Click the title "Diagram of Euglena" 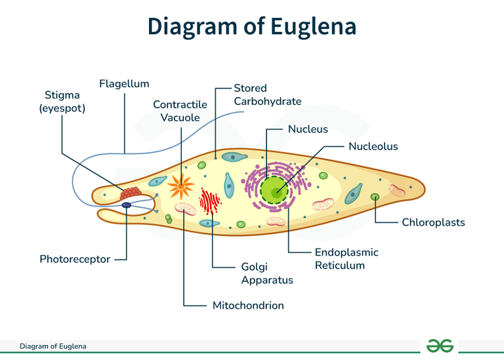pos(252,26)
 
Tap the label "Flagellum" pos(124,84)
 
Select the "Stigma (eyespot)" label pos(62,102)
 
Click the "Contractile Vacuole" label pos(180,111)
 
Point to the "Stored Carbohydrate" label pos(267,94)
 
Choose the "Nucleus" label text pos(308,129)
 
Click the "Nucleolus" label pos(373,146)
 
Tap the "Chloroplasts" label pos(433,222)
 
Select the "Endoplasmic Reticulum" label pos(346,259)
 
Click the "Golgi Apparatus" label pos(266,273)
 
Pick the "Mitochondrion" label pos(248,306)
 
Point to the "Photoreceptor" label pos(75,259)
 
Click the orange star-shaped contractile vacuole pos(180,188)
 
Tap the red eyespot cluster pos(131,193)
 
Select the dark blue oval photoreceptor pos(126,205)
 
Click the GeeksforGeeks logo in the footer pos(439,346)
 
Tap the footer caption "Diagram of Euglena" pos(52,346)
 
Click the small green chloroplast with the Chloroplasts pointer pos(375,197)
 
